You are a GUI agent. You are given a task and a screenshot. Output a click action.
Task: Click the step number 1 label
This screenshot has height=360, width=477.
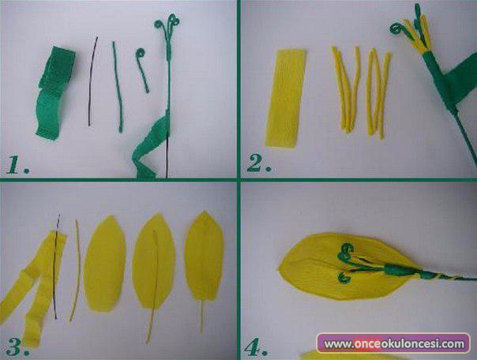coord(17,166)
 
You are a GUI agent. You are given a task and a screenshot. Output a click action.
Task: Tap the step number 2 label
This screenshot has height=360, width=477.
coord(258,163)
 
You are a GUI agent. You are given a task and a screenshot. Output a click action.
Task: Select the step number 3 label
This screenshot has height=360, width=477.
coord(17,347)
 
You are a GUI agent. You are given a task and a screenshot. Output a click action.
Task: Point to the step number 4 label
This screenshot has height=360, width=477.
coord(256,347)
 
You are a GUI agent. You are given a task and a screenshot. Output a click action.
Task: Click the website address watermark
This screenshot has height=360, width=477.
coord(394,343)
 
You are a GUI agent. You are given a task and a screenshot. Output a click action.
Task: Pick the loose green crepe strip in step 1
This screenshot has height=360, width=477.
coord(54,93)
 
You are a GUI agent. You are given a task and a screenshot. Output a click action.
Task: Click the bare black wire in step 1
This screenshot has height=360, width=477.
coord(92,81)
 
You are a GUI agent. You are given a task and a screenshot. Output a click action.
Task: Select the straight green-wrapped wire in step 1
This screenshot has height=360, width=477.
coord(118,88)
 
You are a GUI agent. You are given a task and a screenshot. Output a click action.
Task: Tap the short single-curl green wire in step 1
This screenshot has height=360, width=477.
coord(142,69)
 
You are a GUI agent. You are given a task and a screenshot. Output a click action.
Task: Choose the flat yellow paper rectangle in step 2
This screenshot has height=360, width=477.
coord(285,98)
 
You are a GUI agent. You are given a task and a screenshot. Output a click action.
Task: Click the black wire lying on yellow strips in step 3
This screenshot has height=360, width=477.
coord(55,266)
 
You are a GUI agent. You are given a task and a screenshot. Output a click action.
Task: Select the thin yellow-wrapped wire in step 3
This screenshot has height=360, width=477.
coord(76,270)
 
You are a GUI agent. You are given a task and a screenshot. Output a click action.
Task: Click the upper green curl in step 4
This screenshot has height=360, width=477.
coord(346,251)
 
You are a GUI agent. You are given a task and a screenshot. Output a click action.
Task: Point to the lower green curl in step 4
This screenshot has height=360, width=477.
coord(344,278)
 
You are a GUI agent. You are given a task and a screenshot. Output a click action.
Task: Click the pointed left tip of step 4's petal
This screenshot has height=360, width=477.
coord(279,268)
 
